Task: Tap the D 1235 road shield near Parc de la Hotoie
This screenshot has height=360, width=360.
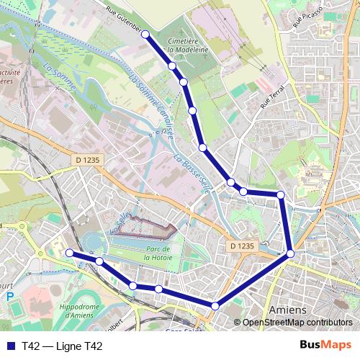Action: tap(243, 246)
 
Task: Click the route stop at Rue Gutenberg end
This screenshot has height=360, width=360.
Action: tap(146, 33)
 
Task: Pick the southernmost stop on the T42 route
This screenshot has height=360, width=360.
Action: tap(215, 307)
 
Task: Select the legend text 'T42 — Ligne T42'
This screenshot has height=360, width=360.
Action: tap(62, 346)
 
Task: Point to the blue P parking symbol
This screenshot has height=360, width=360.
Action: tap(10, 296)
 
